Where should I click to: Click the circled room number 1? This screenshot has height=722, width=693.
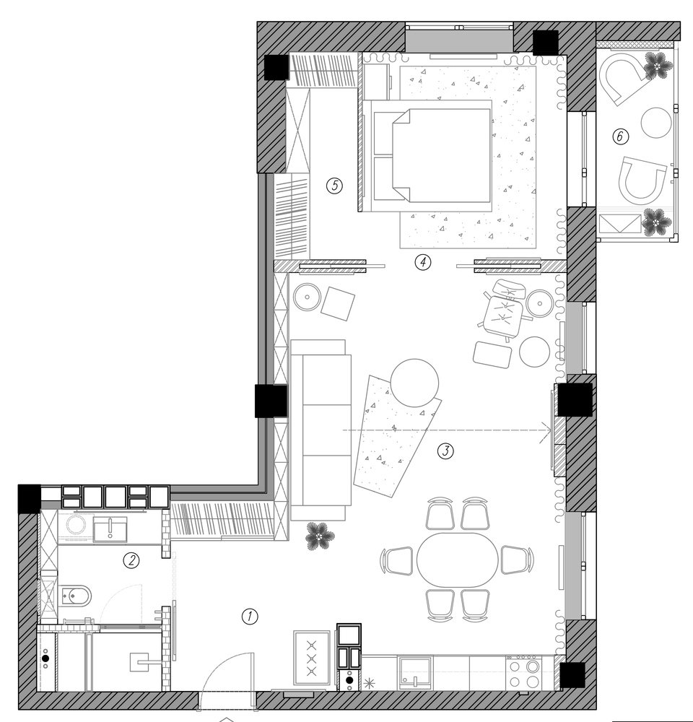(250, 616)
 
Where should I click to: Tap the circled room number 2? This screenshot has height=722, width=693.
(131, 560)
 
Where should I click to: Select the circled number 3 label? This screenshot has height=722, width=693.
(445, 451)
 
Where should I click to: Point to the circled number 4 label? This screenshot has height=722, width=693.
(423, 263)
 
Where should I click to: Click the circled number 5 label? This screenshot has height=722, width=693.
(334, 186)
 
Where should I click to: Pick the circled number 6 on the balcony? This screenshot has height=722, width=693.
(620, 136)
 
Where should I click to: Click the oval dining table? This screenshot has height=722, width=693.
(457, 560)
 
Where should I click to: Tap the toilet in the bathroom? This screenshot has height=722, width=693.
(75, 596)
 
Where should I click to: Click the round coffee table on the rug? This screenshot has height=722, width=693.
(414, 383)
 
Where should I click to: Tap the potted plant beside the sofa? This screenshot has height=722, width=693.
(319, 536)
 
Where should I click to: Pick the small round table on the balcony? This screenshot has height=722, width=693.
(655, 123)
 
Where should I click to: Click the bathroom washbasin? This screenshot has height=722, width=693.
(110, 529)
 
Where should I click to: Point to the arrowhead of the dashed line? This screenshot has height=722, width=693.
(547, 430)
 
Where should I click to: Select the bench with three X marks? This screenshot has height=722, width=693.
(312, 658)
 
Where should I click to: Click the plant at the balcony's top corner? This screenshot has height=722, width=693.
(657, 66)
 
